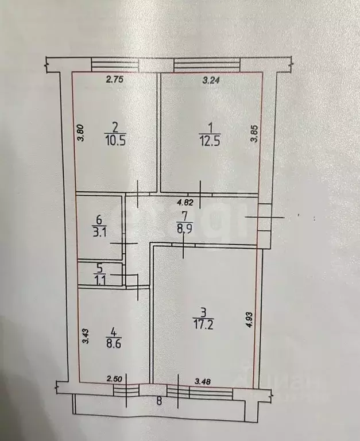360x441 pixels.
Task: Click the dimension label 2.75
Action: tap(115, 79)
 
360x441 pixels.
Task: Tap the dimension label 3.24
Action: tap(211, 80)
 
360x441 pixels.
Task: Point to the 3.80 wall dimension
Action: tap(81, 133)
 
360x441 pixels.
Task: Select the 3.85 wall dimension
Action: tap(254, 134)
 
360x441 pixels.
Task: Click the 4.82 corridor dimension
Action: tap(185, 202)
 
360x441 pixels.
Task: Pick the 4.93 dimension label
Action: tap(250, 320)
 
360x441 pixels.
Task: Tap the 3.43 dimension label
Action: tap(86, 336)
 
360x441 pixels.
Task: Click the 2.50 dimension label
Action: tap(114, 379)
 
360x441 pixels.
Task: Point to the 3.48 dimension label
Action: tap(203, 381)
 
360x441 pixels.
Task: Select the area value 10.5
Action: tap(115, 140)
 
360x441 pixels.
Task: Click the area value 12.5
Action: tap(210, 140)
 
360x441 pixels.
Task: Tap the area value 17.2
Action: tap(203, 325)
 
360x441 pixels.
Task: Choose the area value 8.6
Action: tap(114, 344)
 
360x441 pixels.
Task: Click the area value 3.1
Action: tap(100, 233)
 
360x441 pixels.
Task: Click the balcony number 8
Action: tap(159, 401)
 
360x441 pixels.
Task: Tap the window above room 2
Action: tap(115, 64)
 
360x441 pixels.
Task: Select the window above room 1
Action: tap(207, 65)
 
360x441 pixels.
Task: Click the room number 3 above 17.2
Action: tap(204, 312)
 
